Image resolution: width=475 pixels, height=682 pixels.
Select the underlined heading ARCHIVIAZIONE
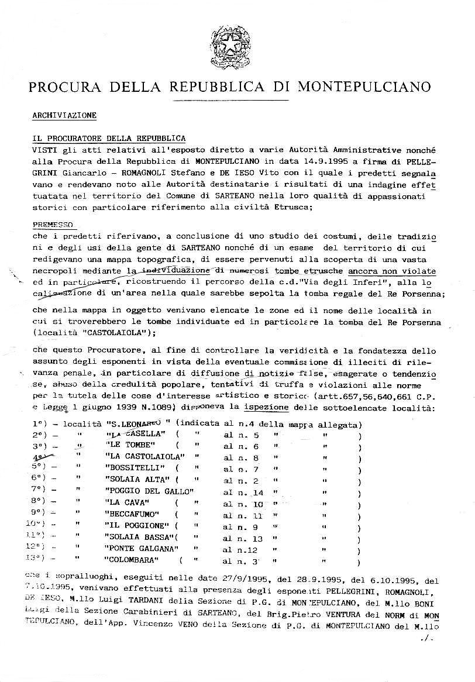pos(64,115)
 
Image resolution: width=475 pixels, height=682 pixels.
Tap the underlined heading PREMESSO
pos(53,224)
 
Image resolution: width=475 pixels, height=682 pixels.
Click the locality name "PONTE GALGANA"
pos(140,550)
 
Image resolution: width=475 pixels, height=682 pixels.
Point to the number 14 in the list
pos(257,492)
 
